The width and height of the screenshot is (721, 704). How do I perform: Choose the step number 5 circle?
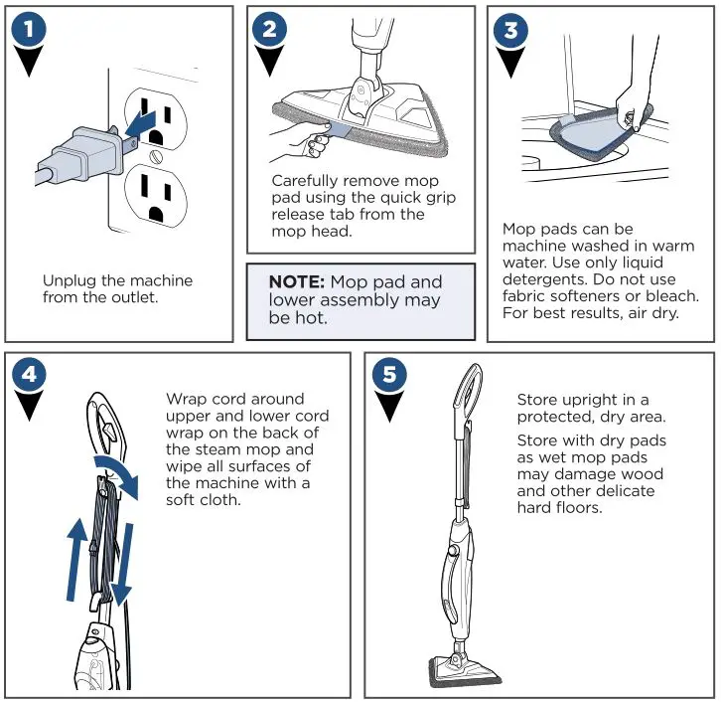click(x=388, y=375)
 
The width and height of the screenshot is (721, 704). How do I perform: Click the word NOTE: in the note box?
click(x=297, y=282)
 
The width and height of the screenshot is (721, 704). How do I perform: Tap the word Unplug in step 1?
click(x=69, y=280)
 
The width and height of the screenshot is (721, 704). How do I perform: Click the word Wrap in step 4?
click(x=185, y=399)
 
